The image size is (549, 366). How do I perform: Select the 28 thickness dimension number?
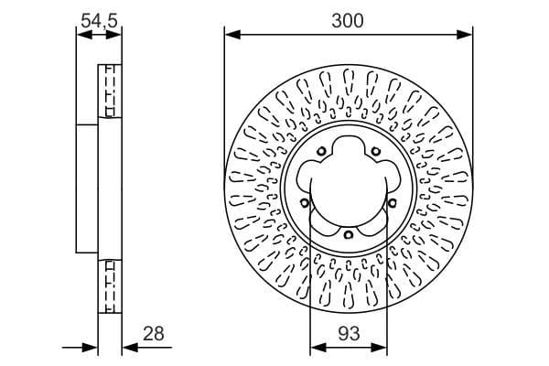click(154, 334)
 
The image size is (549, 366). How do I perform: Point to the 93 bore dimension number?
click(349, 334)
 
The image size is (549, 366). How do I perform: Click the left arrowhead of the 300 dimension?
click(231, 36)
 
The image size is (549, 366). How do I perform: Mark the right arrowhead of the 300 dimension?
click(467, 36)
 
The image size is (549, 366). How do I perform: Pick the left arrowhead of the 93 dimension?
click(317, 347)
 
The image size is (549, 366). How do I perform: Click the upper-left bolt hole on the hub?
click(322, 152)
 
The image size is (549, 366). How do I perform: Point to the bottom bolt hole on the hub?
click(349, 236)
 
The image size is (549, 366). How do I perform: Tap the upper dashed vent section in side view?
click(110, 91)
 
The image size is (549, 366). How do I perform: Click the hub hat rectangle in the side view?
click(87, 188)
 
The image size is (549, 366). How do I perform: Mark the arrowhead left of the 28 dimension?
click(91, 347)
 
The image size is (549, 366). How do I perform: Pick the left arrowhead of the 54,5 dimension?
click(81, 36)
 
